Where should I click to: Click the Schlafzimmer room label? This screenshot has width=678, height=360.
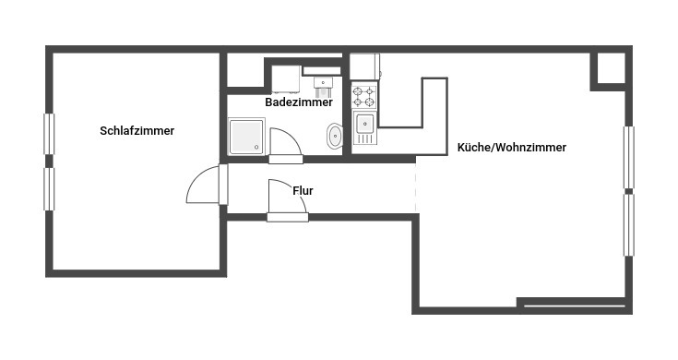(137, 131)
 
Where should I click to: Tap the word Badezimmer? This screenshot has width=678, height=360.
(299, 102)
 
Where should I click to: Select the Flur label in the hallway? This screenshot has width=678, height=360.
(303, 190)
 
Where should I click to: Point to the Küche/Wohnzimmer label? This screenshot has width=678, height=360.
(512, 147)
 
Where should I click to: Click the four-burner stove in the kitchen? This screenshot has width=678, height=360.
(363, 97)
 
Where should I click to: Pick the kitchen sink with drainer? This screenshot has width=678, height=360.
(365, 127)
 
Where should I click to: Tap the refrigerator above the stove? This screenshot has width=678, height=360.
(365, 66)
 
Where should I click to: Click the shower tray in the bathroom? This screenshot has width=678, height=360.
(246, 137)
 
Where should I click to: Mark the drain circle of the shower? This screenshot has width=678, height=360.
(256, 148)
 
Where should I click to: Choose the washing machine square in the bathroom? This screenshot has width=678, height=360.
(286, 79)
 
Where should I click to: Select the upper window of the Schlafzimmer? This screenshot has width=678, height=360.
(49, 134)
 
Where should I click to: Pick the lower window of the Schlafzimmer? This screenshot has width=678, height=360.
(49, 189)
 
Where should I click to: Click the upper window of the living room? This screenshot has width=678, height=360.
(629, 157)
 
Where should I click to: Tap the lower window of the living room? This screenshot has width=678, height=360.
(629, 225)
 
